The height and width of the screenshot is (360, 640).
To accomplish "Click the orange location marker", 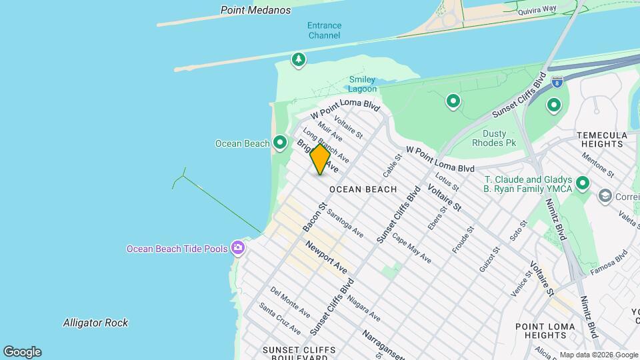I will click(x=320, y=159).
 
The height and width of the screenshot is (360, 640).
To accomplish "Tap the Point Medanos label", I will click(x=256, y=10).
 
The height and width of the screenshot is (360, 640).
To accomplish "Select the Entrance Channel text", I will click(x=324, y=30).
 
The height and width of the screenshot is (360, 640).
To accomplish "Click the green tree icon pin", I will click(x=299, y=60).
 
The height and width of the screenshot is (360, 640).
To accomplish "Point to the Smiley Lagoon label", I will click(x=363, y=84).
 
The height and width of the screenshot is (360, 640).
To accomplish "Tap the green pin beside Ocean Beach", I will click(x=280, y=143).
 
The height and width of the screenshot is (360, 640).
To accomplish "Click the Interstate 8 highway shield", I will click(x=557, y=81).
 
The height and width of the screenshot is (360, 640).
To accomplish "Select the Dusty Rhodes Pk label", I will click(x=494, y=138).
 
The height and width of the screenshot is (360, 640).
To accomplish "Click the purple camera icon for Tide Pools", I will click(x=238, y=249).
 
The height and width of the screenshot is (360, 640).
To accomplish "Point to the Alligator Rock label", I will click(x=95, y=323).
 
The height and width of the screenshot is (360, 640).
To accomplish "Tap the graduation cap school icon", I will click(x=605, y=196).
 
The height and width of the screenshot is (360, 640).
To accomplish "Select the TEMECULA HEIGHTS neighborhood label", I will click(x=602, y=139).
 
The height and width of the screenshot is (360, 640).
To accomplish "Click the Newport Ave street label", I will click(x=327, y=257).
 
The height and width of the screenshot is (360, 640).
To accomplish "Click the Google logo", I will click(x=22, y=351).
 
